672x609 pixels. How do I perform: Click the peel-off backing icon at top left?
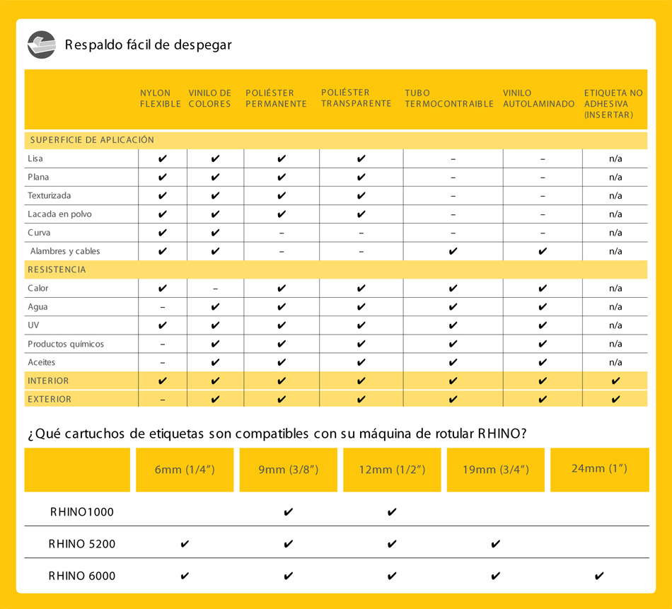42,45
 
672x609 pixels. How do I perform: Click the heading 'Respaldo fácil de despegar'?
148,45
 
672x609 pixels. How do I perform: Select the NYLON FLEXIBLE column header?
156,98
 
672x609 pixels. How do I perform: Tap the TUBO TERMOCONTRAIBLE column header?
449,98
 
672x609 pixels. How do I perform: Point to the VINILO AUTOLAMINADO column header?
539,98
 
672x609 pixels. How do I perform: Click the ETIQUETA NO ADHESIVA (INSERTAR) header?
613,103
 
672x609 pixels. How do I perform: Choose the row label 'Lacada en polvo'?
59,214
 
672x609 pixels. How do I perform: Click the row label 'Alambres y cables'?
65,251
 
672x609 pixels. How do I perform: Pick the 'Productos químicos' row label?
66,344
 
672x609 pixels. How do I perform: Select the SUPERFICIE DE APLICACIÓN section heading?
92,140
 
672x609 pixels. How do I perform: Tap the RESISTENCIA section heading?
57,269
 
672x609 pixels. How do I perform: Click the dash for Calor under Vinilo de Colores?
215,289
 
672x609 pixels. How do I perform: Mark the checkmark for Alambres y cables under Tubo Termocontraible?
453,251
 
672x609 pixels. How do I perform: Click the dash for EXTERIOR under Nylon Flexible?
163,400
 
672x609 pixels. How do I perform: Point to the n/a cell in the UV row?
615,325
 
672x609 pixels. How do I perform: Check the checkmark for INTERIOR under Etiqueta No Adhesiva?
615,381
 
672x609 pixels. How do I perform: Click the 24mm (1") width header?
599,468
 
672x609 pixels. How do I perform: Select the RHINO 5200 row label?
82,544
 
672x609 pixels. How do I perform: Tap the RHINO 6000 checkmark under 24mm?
599,576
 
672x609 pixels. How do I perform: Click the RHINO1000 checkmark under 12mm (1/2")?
392,511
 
